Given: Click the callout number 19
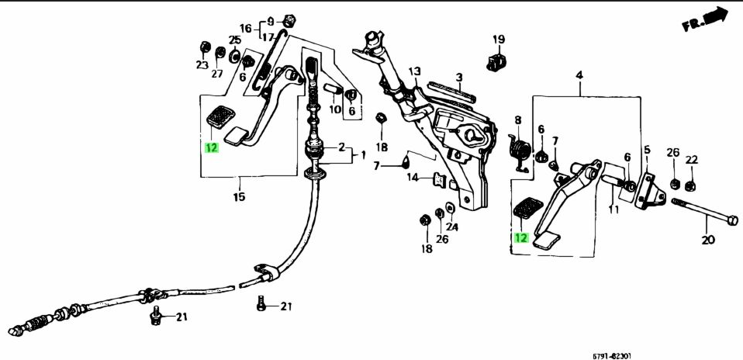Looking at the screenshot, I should (498, 40).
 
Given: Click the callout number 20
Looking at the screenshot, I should (707, 240).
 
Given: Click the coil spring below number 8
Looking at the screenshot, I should (521, 150).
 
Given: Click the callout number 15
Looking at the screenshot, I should (239, 197).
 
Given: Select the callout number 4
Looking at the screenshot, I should (579, 74).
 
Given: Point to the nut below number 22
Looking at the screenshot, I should (692, 185).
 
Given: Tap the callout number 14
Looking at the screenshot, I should (414, 178).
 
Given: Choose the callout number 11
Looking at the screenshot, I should (613, 209).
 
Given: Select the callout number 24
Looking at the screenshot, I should (452, 227).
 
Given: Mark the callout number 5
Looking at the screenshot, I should (647, 149).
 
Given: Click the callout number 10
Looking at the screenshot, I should (335, 109).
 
